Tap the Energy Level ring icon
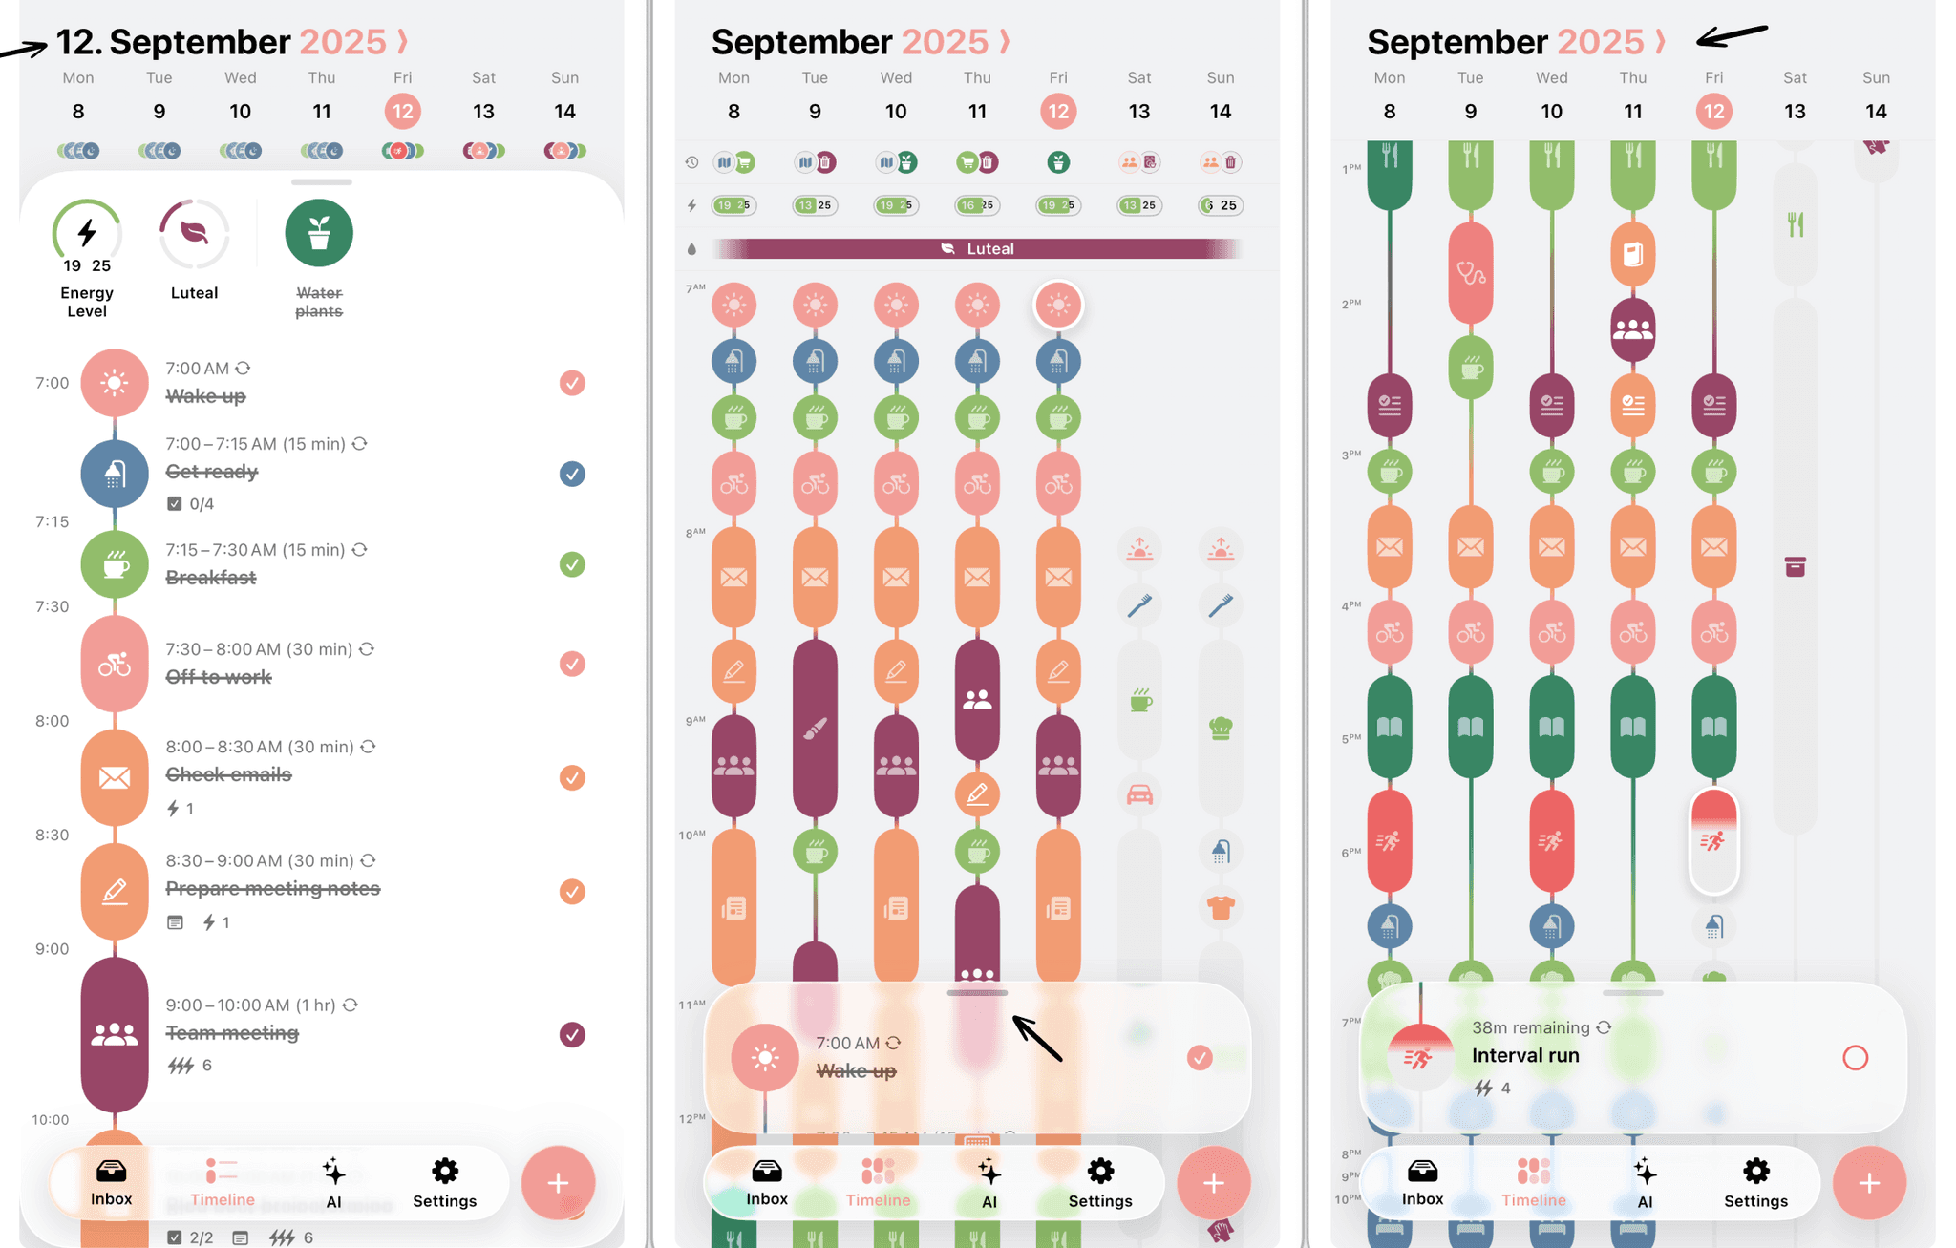coord(87,233)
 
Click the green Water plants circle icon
coord(319,232)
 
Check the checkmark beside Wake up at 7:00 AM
coord(572,383)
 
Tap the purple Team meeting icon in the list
coord(115,1033)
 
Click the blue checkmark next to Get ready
coord(572,474)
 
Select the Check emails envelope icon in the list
coord(115,777)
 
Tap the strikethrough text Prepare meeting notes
coord(273,889)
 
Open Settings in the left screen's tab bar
coord(444,1182)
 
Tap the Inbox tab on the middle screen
coord(766,1182)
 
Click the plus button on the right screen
coord(1869,1182)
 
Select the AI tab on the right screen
coord(1645,1182)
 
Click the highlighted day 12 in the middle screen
coord(1058,112)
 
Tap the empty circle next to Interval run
coord(1855,1058)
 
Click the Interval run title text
coord(1525,1055)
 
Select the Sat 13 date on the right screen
coord(1795,112)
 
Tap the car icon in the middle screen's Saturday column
coord(1139,794)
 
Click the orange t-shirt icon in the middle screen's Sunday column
coord(1221,907)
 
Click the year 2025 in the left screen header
coord(342,42)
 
